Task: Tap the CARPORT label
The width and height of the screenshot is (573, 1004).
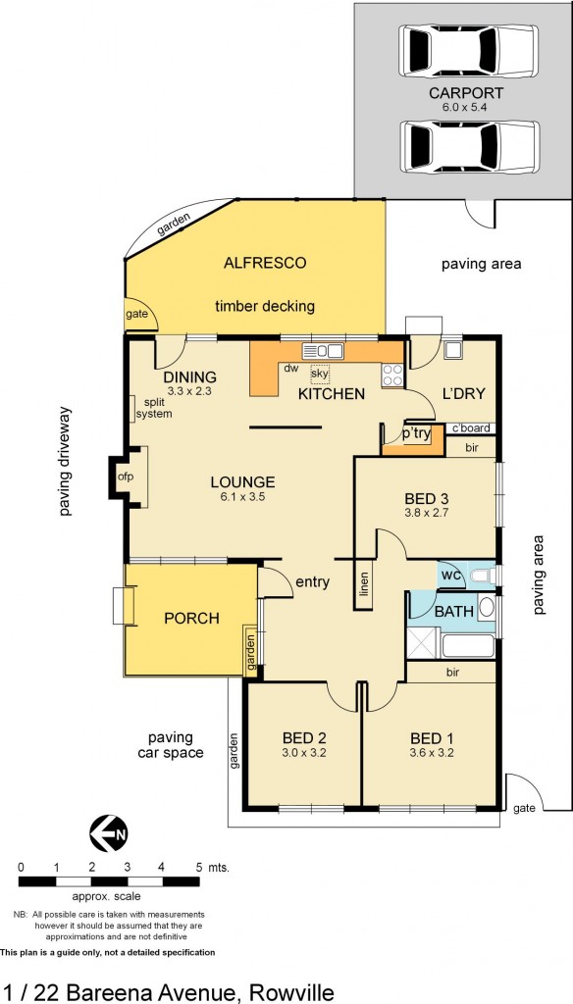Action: (x=466, y=93)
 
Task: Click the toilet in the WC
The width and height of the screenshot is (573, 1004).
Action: (x=481, y=575)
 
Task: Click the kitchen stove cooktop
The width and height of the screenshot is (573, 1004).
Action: (x=392, y=374)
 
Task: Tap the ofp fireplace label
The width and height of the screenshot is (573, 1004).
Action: (x=126, y=477)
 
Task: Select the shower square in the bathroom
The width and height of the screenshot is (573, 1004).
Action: (x=423, y=645)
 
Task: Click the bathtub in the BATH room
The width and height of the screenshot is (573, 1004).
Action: (x=469, y=646)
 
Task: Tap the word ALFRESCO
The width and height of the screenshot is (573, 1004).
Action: (x=265, y=263)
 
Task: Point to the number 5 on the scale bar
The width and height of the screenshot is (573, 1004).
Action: (x=198, y=868)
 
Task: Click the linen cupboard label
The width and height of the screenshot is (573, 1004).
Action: (x=364, y=586)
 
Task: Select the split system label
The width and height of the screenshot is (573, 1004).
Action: (x=155, y=408)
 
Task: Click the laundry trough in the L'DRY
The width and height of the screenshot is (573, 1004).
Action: (x=453, y=350)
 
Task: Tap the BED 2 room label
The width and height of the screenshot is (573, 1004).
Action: (x=303, y=738)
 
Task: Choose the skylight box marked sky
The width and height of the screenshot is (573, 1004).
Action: (x=320, y=374)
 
